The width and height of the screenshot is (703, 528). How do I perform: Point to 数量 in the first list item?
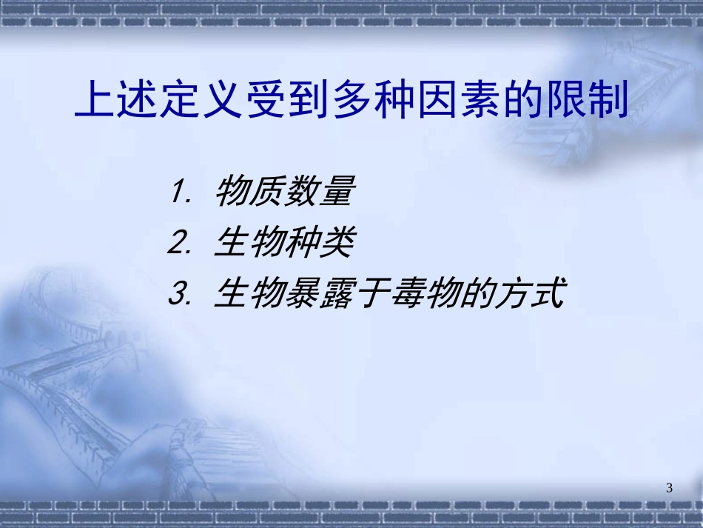coord(318,193)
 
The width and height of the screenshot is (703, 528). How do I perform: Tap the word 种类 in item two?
coord(318,244)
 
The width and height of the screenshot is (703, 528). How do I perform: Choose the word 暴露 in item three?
coord(318,293)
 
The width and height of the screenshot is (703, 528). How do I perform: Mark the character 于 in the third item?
coord(372,293)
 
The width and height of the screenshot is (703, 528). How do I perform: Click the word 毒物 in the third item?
coord(424,293)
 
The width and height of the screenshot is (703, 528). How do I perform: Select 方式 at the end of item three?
coord(529,293)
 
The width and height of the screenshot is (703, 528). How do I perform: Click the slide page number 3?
coord(670,487)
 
